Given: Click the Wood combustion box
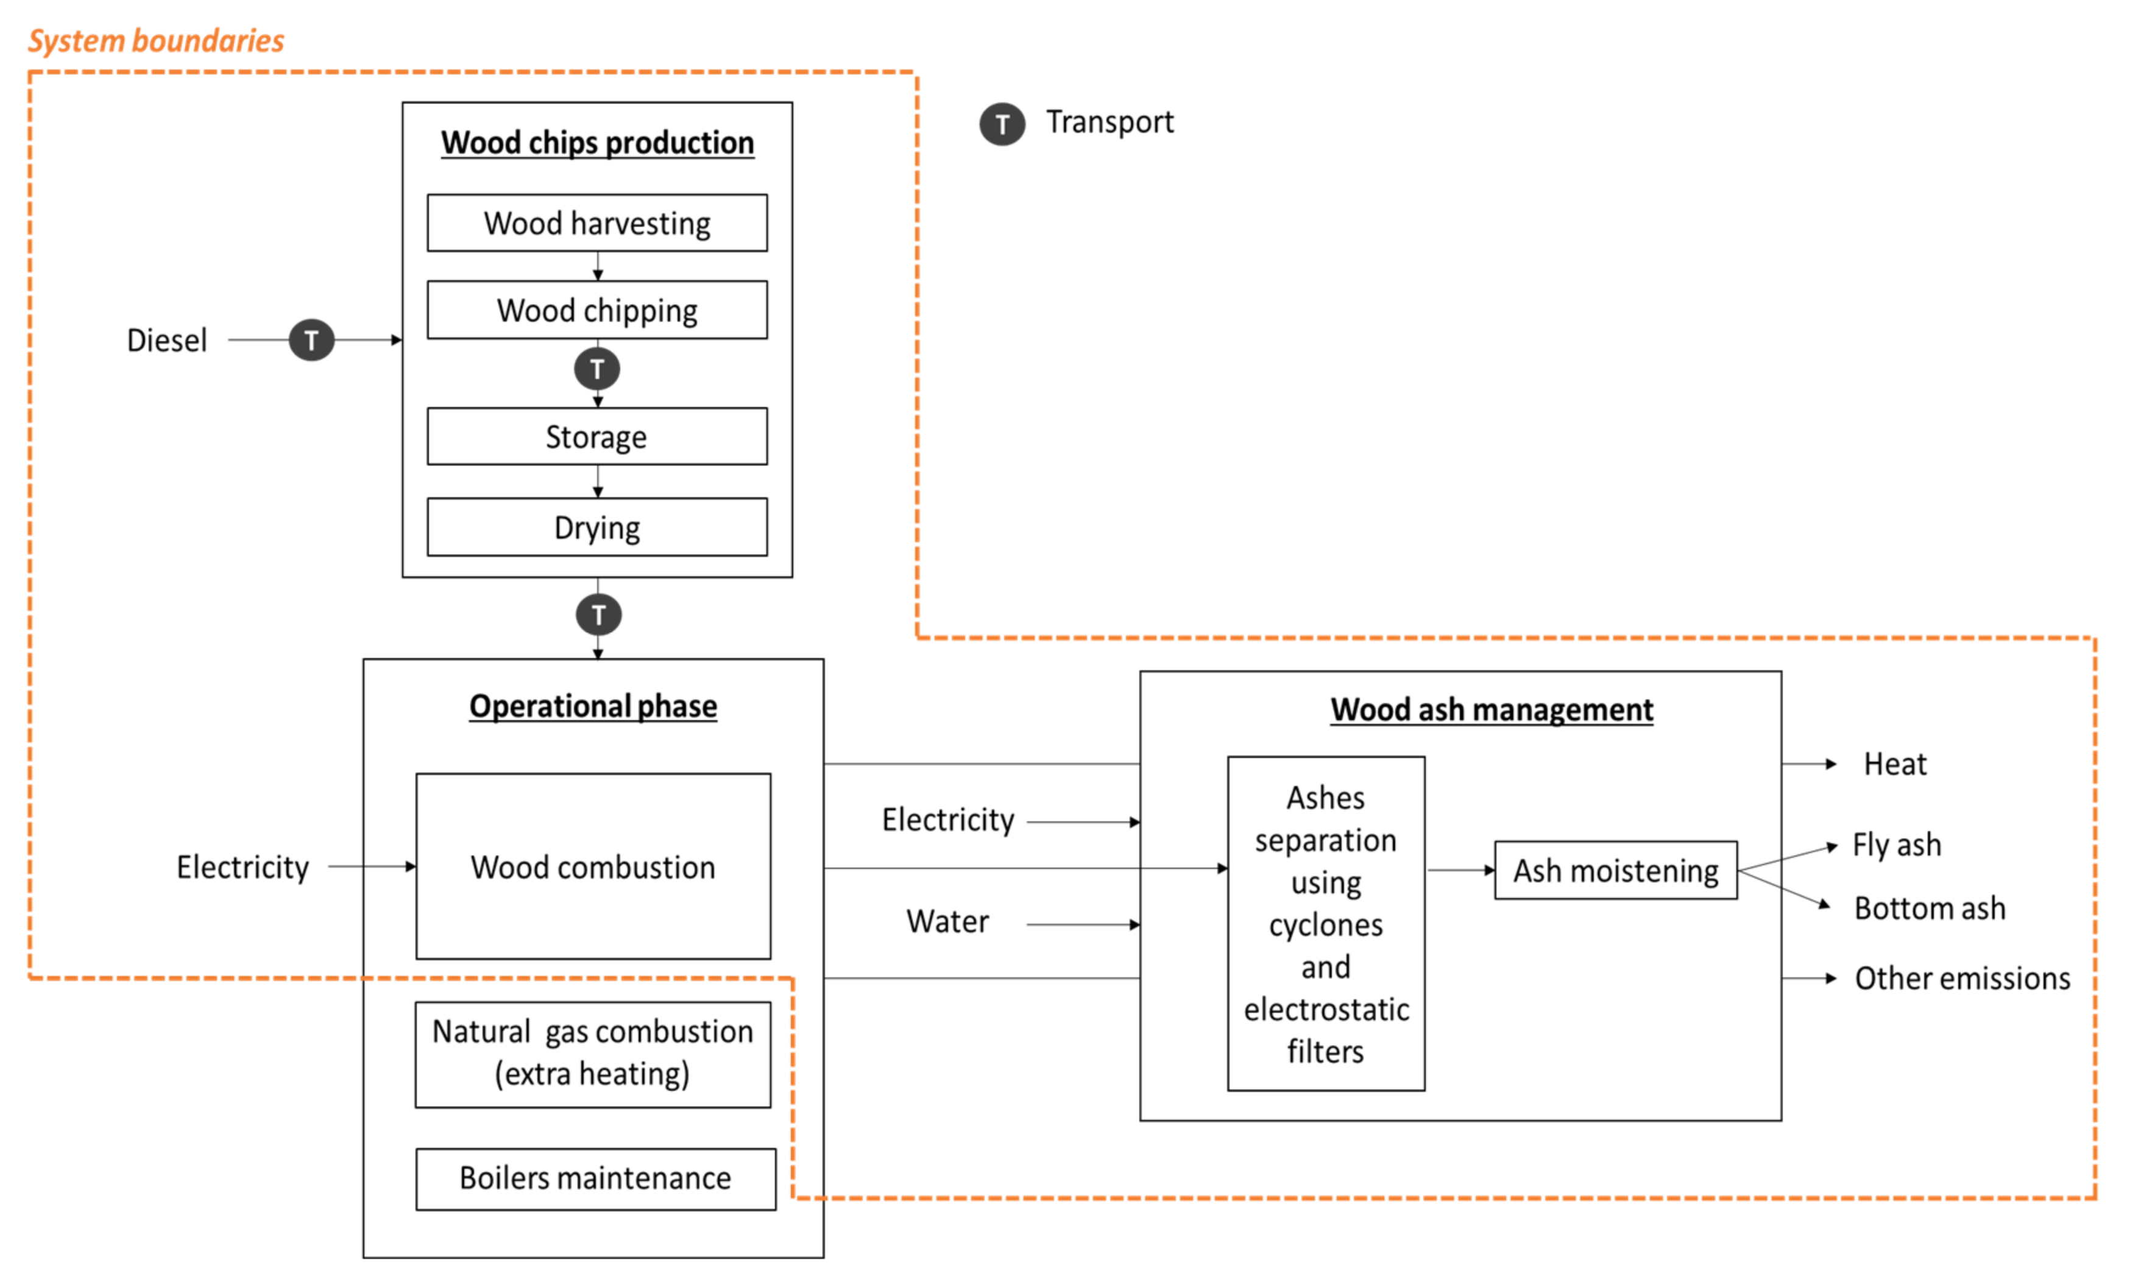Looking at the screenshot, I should tap(593, 866).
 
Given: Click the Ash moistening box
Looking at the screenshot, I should tap(1615, 870).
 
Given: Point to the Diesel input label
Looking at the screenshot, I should tap(167, 341).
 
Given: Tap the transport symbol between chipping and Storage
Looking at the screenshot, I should tap(597, 369).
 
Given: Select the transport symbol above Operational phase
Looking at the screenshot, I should tap(598, 614).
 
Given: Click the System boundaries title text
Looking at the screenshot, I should tap(157, 41).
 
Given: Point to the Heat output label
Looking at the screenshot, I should tap(1894, 763).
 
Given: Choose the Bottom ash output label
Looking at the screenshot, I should tap(1929, 908).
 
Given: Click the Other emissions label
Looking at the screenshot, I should tap(1962, 978).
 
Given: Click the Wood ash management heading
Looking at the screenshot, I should tap(1491, 709).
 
